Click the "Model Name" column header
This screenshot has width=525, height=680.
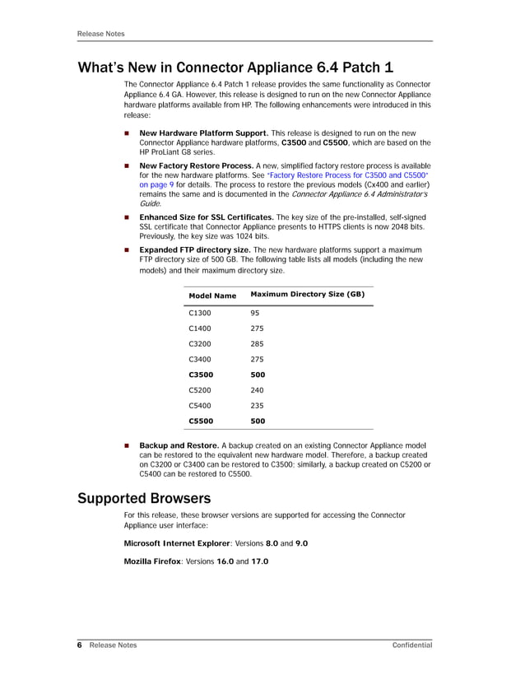[x=212, y=296]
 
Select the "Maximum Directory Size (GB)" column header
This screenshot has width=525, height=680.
[x=307, y=294]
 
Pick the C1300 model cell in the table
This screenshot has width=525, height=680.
[x=200, y=313]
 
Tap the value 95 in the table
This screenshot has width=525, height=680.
[x=255, y=313]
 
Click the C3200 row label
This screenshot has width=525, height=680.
[x=200, y=344]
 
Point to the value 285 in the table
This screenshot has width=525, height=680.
[x=257, y=344]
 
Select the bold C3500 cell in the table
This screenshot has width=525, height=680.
[x=201, y=375]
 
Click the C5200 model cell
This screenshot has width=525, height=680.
[x=200, y=390]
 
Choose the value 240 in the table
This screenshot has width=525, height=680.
[x=257, y=390]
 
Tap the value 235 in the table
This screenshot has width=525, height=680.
[x=257, y=406]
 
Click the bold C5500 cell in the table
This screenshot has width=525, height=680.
[x=201, y=422]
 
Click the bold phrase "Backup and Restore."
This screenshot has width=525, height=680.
[x=179, y=445]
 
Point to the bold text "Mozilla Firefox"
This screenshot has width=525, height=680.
[x=152, y=561]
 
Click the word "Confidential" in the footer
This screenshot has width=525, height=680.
[x=412, y=645]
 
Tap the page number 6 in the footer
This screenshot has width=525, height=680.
[x=80, y=645]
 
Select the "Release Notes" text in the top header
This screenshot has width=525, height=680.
[x=100, y=34]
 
